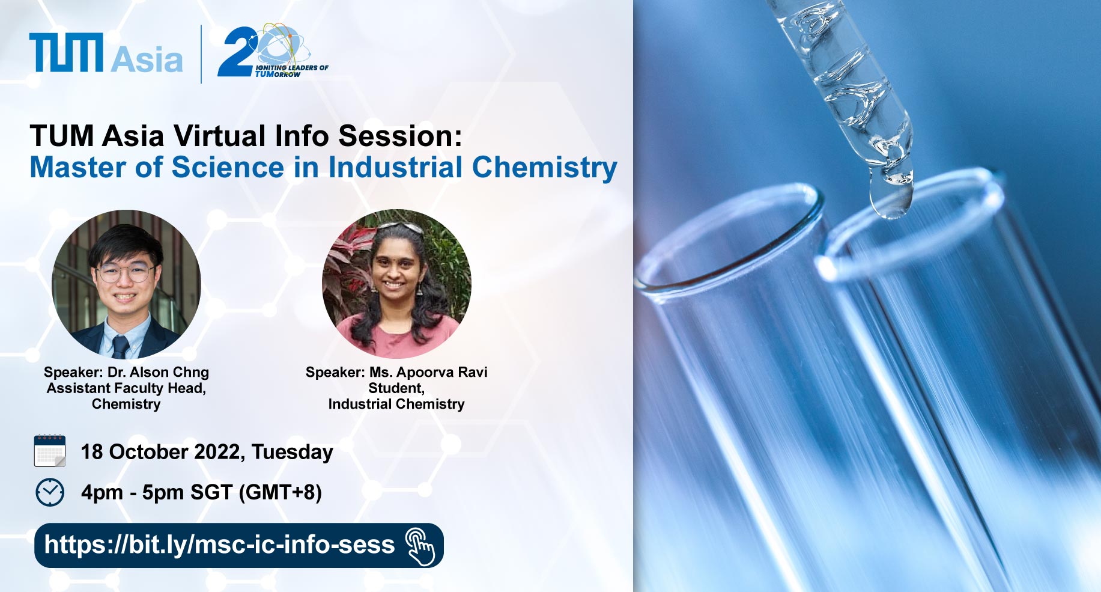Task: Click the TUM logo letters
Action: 66,53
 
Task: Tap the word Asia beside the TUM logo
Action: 147,60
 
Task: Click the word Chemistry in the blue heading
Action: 544,168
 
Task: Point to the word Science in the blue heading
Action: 228,167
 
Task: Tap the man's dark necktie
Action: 120,347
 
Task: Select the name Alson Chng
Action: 169,372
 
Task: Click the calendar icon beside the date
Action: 50,451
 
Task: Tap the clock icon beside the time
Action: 50,492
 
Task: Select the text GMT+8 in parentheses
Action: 281,492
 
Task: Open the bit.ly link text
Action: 219,545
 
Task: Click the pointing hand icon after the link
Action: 420,546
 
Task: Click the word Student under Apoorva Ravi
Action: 396,388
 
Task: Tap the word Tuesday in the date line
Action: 293,452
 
